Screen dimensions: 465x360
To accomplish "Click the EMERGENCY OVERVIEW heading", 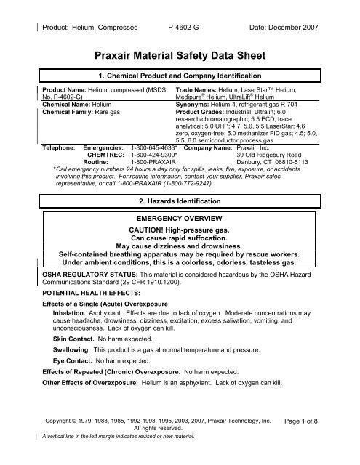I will click(x=180, y=217).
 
